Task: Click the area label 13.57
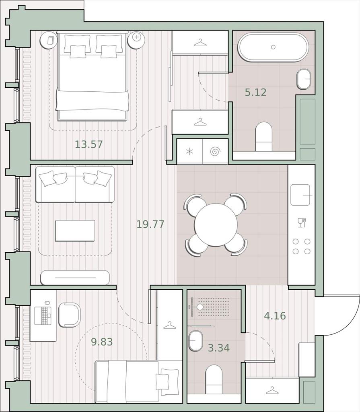click(x=89, y=144)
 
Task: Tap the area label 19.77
click(x=150, y=224)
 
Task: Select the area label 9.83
click(x=102, y=342)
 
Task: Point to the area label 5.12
click(x=256, y=92)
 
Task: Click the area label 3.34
click(x=219, y=348)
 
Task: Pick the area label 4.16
click(x=275, y=315)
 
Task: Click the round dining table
click(x=216, y=225)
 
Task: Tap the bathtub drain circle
click(x=273, y=47)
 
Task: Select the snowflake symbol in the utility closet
click(x=190, y=152)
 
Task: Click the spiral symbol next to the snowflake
click(x=215, y=152)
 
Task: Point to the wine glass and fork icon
click(x=302, y=222)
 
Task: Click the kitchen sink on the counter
click(x=300, y=195)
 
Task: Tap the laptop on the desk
click(x=43, y=315)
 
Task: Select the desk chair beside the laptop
click(x=69, y=315)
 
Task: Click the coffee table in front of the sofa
click(x=75, y=231)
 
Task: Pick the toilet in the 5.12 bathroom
click(x=263, y=137)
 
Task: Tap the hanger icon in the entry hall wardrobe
click(x=272, y=390)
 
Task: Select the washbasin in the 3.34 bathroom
click(x=196, y=341)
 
